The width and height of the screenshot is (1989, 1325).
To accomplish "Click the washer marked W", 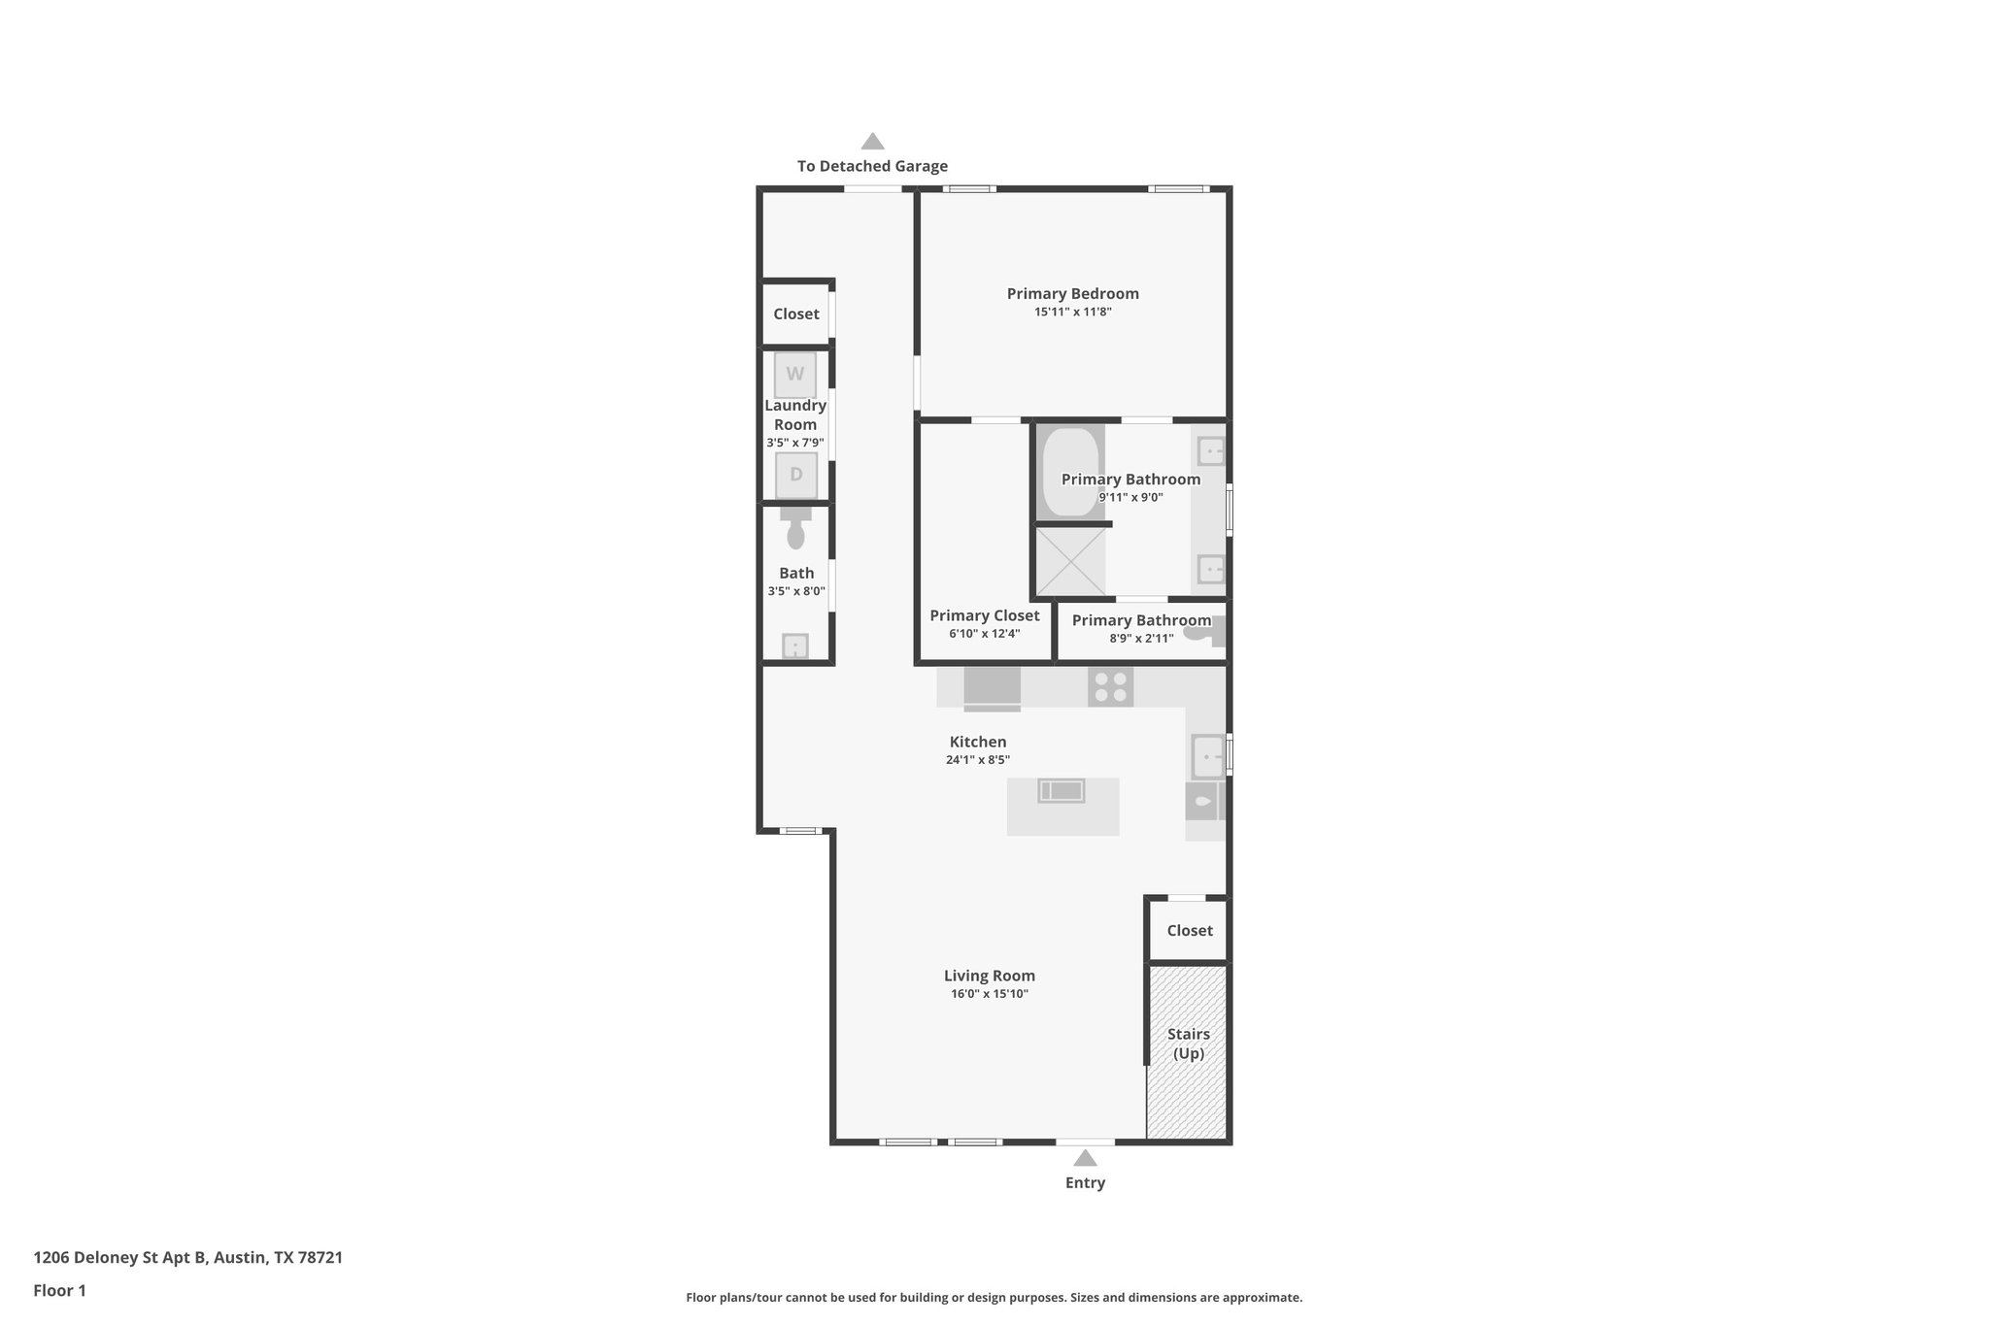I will point(794,375).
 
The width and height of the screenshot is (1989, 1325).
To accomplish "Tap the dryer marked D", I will point(795,475).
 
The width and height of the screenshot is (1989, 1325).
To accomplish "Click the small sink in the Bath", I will point(795,646).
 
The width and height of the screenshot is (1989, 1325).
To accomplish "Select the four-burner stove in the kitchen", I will point(1110,687).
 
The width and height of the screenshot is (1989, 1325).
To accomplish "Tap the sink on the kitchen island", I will point(1062,791).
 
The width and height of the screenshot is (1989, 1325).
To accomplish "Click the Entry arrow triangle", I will point(1085,1158).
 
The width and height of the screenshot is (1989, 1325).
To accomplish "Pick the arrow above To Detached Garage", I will point(872,142).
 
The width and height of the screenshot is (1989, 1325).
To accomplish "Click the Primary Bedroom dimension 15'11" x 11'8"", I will point(1072,313).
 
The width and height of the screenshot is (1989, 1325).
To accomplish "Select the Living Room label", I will point(989,976).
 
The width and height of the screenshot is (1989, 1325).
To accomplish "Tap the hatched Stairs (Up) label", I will point(1188,1043).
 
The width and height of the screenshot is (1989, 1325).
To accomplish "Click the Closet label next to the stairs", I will point(1189,930).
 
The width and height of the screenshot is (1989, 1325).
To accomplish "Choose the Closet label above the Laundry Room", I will point(795,314).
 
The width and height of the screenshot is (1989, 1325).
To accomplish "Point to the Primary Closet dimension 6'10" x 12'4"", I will point(984,634).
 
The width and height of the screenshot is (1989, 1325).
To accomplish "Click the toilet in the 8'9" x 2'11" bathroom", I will point(1207,632).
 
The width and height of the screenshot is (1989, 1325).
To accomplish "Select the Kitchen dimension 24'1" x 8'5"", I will point(977,760).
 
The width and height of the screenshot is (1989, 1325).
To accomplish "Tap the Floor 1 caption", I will point(59,1290).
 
